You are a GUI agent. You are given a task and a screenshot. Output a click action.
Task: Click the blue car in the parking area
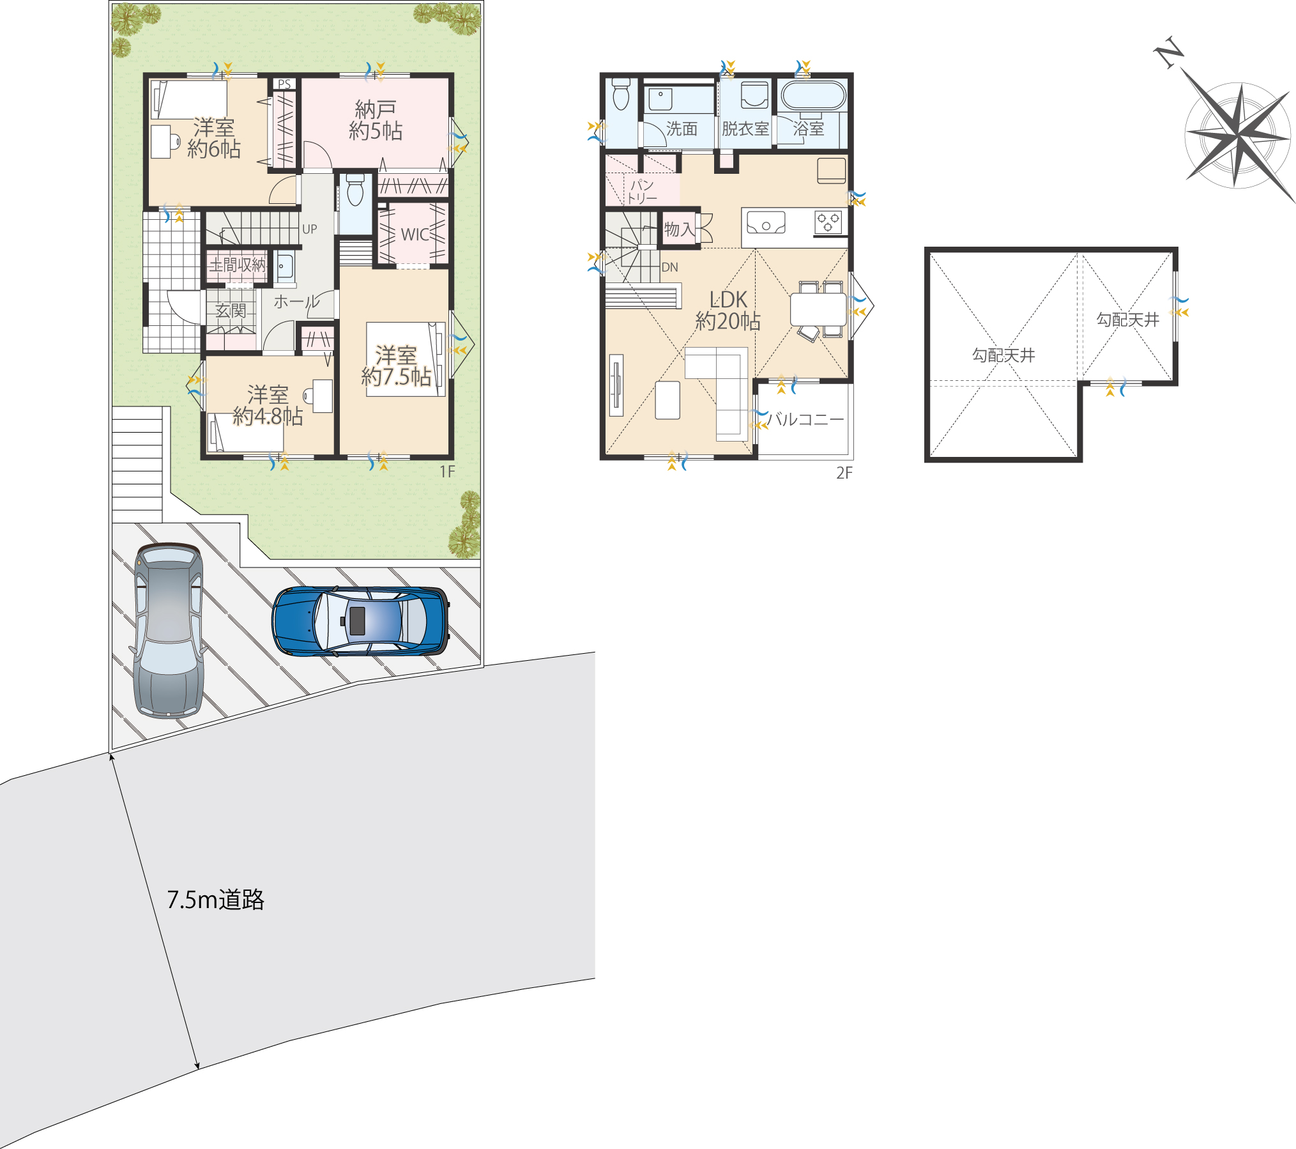click(x=360, y=621)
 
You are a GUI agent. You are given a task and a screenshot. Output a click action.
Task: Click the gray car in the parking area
click(x=168, y=631)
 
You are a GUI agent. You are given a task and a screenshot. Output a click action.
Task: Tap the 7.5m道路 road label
click(x=216, y=900)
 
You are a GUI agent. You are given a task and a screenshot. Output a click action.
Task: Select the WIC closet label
click(x=415, y=235)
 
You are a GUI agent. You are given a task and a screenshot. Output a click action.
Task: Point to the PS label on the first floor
click(x=284, y=84)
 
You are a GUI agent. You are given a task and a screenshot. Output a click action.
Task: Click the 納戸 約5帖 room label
click(x=376, y=120)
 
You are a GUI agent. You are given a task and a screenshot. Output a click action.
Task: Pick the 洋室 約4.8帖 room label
click(x=268, y=405)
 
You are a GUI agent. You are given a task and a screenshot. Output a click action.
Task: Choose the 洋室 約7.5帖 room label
click(x=396, y=366)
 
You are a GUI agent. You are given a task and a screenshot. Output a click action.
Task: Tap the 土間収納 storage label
click(x=237, y=265)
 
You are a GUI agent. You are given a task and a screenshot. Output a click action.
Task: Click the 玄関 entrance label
click(x=231, y=311)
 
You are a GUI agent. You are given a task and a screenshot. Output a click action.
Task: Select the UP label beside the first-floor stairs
click(x=310, y=229)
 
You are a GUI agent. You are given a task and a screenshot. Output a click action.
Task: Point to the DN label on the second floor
click(x=669, y=267)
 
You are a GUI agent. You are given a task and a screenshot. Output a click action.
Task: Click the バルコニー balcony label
click(x=805, y=419)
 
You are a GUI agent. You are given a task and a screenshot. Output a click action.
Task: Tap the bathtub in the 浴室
click(x=813, y=96)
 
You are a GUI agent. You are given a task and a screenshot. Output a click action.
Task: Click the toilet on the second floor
click(x=621, y=94)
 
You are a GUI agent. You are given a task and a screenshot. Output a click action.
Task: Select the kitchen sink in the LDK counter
click(x=766, y=223)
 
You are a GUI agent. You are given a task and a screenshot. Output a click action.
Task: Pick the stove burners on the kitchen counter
click(x=828, y=222)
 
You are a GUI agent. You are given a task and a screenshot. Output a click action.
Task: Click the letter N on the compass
click(x=1170, y=53)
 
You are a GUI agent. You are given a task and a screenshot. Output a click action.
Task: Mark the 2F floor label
click(x=844, y=473)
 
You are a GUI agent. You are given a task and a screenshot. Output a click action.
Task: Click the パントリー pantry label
click(x=641, y=191)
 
